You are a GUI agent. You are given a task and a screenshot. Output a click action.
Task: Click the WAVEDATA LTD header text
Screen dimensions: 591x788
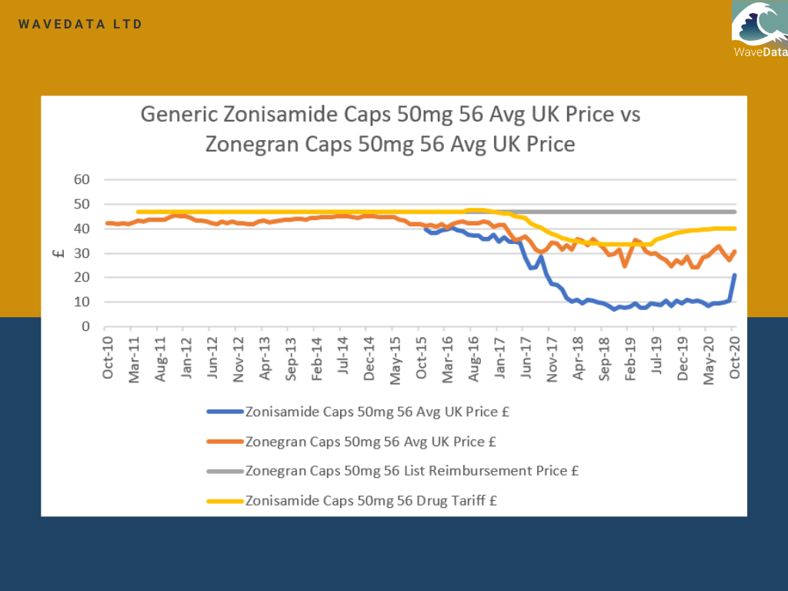pos(81,25)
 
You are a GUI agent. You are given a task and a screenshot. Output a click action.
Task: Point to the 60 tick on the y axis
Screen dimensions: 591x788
pos(82,179)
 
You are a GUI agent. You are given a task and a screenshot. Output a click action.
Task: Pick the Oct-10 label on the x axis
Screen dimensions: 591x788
pos(108,357)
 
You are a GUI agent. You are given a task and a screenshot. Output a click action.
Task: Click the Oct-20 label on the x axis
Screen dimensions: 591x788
pos(734,357)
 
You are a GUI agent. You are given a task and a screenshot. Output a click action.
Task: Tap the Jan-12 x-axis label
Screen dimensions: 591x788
pos(186,357)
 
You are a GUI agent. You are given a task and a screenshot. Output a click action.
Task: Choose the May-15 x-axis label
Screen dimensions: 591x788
pos(395,357)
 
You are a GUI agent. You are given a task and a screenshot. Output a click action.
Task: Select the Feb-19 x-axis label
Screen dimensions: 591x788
pos(630,357)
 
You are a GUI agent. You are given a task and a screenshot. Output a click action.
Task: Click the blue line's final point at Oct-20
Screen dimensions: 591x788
pos(735,275)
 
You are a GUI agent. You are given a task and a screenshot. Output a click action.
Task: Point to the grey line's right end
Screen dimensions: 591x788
pos(736,212)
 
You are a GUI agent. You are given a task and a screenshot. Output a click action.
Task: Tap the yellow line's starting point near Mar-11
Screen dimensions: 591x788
pos(138,212)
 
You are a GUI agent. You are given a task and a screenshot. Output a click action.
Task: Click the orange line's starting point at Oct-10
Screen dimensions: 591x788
pos(108,223)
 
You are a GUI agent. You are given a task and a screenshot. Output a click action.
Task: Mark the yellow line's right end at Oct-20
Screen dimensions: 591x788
pos(736,228)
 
